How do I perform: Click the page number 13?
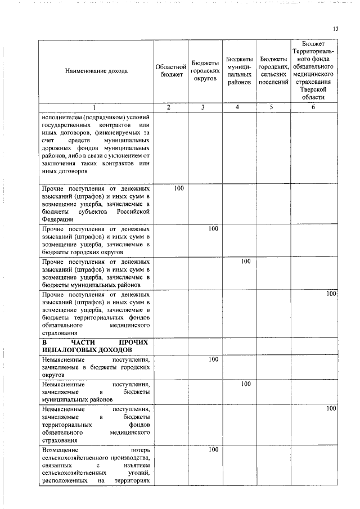click(335, 29)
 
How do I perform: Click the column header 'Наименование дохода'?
click(96, 71)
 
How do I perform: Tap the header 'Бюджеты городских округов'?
click(205, 71)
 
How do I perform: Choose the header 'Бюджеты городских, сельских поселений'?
click(274, 71)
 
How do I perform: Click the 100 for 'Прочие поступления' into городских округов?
click(213, 229)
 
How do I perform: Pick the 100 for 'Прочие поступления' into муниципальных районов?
click(246, 262)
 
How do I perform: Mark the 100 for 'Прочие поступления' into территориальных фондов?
click(331, 294)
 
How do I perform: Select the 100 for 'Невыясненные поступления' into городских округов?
click(213, 359)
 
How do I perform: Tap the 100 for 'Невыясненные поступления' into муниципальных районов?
click(246, 384)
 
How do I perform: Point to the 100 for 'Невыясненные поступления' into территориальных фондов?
click(331, 408)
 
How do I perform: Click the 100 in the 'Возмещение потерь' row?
click(213, 450)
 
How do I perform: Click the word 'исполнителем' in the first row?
click(64, 118)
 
